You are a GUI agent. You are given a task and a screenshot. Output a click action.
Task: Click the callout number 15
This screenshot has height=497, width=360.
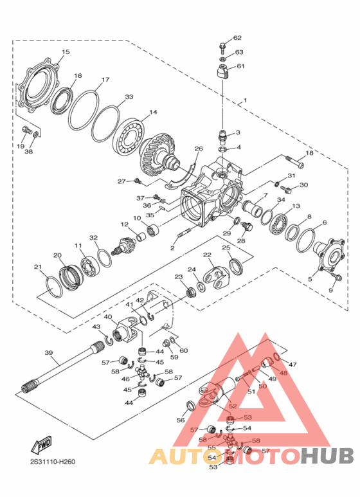pyautogui.click(x=66, y=52)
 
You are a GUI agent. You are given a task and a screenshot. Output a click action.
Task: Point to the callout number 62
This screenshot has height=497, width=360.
pyautogui.click(x=237, y=39)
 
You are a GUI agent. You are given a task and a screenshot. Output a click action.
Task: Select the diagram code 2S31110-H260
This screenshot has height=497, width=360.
pyautogui.click(x=52, y=461)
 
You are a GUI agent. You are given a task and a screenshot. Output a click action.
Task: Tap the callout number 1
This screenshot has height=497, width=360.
pyautogui.click(x=244, y=102)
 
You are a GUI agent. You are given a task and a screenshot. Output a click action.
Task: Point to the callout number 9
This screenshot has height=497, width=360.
pyautogui.click(x=331, y=290)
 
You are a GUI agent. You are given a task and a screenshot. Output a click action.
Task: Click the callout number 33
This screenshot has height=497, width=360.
pyautogui.click(x=129, y=97)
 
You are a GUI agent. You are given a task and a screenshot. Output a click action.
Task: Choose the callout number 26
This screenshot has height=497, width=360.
pyautogui.click(x=199, y=149)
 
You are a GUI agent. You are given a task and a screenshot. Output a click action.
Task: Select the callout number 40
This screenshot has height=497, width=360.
pyautogui.click(x=108, y=317)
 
